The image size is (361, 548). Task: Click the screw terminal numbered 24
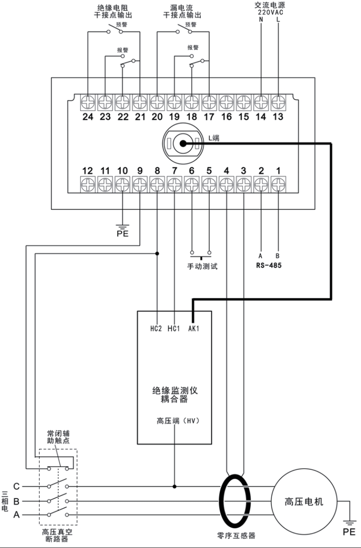88,102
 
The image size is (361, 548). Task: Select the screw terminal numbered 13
278,102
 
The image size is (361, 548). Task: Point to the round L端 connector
183,143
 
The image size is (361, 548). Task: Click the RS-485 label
269,266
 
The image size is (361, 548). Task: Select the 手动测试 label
202,267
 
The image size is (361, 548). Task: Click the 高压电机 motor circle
304,501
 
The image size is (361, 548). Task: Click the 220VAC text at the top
269,12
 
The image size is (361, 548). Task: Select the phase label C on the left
16,486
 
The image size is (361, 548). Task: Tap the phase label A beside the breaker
16,514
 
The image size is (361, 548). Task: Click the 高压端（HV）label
178,421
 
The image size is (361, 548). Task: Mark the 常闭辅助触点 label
58,438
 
